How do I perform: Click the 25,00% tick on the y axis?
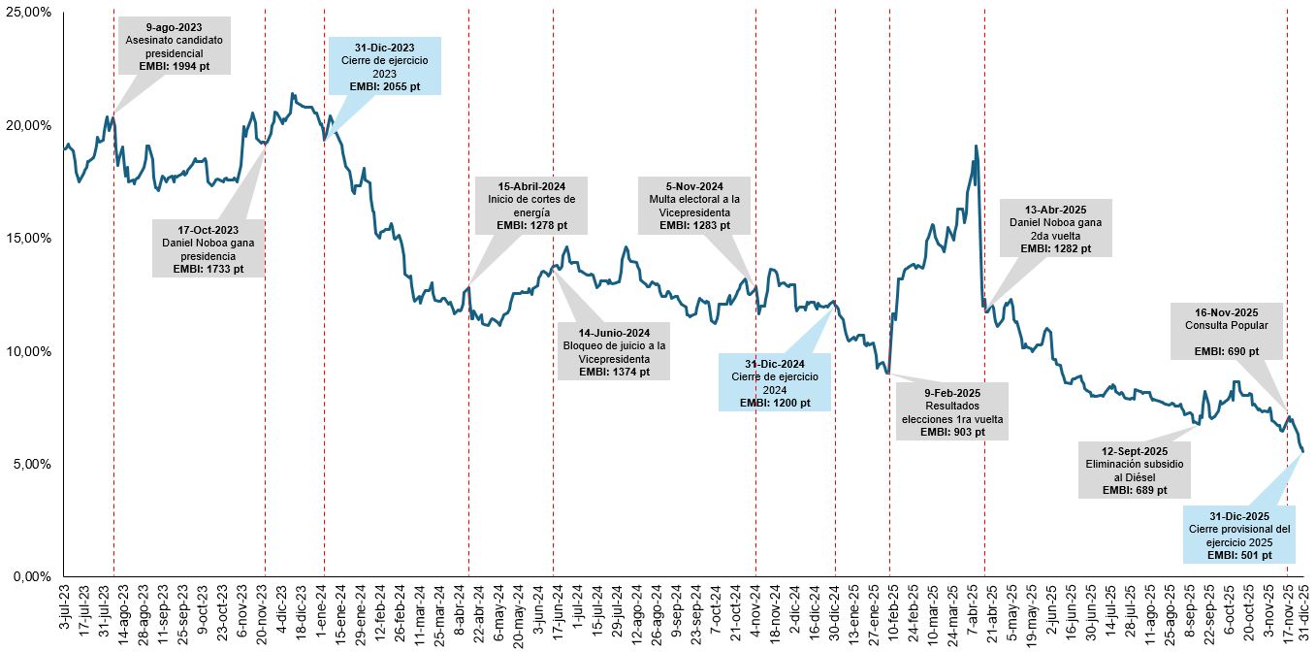click(x=29, y=13)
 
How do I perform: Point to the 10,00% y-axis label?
click(x=29, y=351)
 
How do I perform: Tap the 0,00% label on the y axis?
click(x=32, y=576)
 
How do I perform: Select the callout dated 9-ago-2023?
click(x=175, y=45)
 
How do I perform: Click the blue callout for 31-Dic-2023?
click(x=384, y=66)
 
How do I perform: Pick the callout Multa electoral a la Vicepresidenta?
click(x=693, y=206)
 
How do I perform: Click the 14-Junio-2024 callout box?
click(x=613, y=351)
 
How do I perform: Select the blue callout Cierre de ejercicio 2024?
click(x=774, y=382)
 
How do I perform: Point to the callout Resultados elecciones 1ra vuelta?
click(x=951, y=411)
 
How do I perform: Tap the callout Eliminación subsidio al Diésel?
click(x=1134, y=470)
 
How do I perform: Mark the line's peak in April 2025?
click(x=975, y=147)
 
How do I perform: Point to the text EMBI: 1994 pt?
click(x=175, y=65)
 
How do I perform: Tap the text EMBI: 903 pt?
click(x=951, y=432)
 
